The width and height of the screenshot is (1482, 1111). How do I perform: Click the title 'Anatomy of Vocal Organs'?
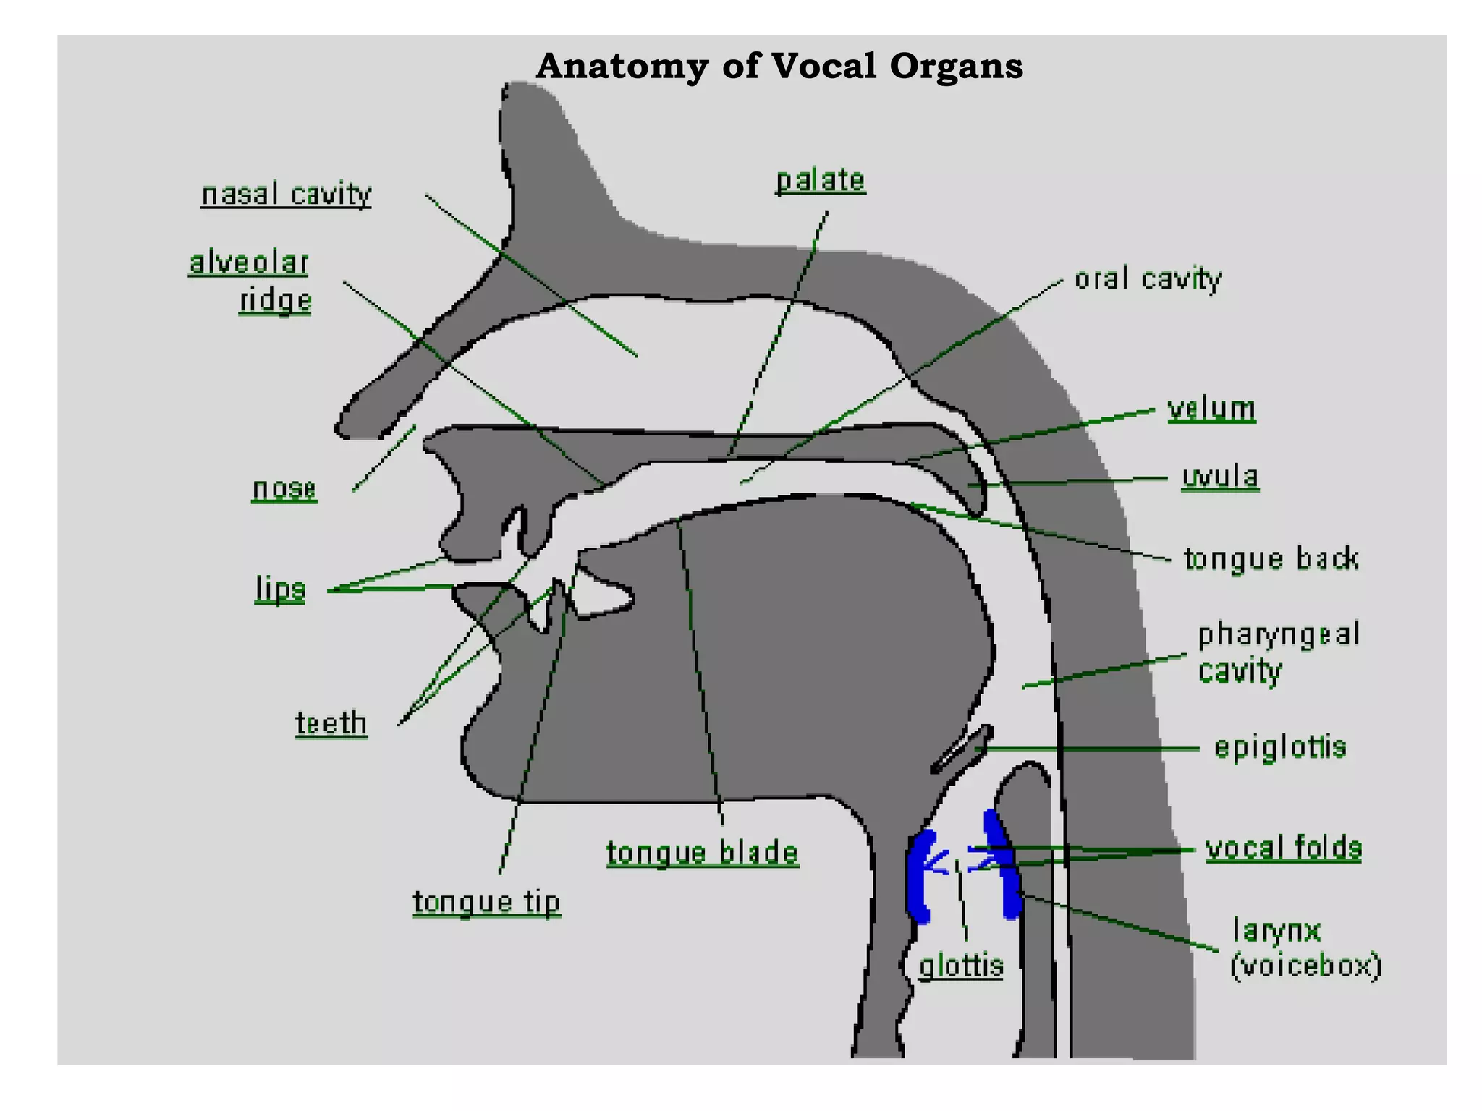point(779,67)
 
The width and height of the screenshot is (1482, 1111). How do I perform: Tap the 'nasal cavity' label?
point(286,195)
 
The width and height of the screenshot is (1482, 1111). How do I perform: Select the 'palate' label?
point(820,181)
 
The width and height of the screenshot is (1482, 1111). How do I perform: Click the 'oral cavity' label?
point(1148,279)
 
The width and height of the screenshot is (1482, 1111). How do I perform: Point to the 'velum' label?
point(1211,409)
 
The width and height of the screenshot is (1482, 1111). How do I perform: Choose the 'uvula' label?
point(1220,477)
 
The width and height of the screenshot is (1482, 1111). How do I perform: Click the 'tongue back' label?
point(1271,559)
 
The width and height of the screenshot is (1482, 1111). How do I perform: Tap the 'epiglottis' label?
point(1280,747)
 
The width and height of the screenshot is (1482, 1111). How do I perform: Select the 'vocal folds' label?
point(1283,848)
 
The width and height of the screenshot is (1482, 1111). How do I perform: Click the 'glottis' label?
point(961,966)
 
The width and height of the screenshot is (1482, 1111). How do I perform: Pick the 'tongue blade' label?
point(702,854)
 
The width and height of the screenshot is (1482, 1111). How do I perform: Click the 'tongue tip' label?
point(486,903)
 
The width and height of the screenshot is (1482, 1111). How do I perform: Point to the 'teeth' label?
point(331,723)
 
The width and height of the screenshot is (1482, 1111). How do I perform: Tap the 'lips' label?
point(280,589)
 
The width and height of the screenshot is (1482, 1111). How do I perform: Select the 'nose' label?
point(284,489)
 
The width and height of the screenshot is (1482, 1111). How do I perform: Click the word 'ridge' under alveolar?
point(276,300)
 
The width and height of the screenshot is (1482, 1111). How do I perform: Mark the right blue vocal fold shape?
point(1006,868)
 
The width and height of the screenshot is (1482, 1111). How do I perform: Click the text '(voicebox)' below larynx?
point(1306,966)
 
